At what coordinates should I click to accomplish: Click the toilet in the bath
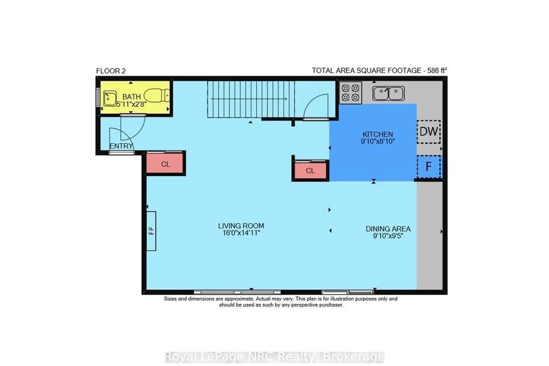point(157,96)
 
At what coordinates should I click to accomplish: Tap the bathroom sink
point(110,98)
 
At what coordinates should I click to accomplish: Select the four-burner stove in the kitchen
point(351,93)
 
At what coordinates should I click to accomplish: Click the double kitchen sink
point(388,93)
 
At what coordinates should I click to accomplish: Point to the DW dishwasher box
point(429,132)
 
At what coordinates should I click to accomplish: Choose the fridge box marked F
point(429,167)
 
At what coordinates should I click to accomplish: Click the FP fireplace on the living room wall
point(151,231)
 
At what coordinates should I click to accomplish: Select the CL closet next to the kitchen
point(310,171)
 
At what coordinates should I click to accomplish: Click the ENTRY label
point(121,146)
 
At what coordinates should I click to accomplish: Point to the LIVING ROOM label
point(241,226)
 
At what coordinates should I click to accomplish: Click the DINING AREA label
point(388,229)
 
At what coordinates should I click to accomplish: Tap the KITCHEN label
point(378,134)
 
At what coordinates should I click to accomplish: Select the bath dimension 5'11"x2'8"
point(131,104)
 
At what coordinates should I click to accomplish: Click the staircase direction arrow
point(249,99)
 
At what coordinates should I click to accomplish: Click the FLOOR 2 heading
point(111,71)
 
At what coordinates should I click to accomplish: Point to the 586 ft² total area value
point(437,70)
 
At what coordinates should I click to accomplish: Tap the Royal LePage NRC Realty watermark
point(274,357)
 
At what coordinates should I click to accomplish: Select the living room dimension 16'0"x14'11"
point(241,233)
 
